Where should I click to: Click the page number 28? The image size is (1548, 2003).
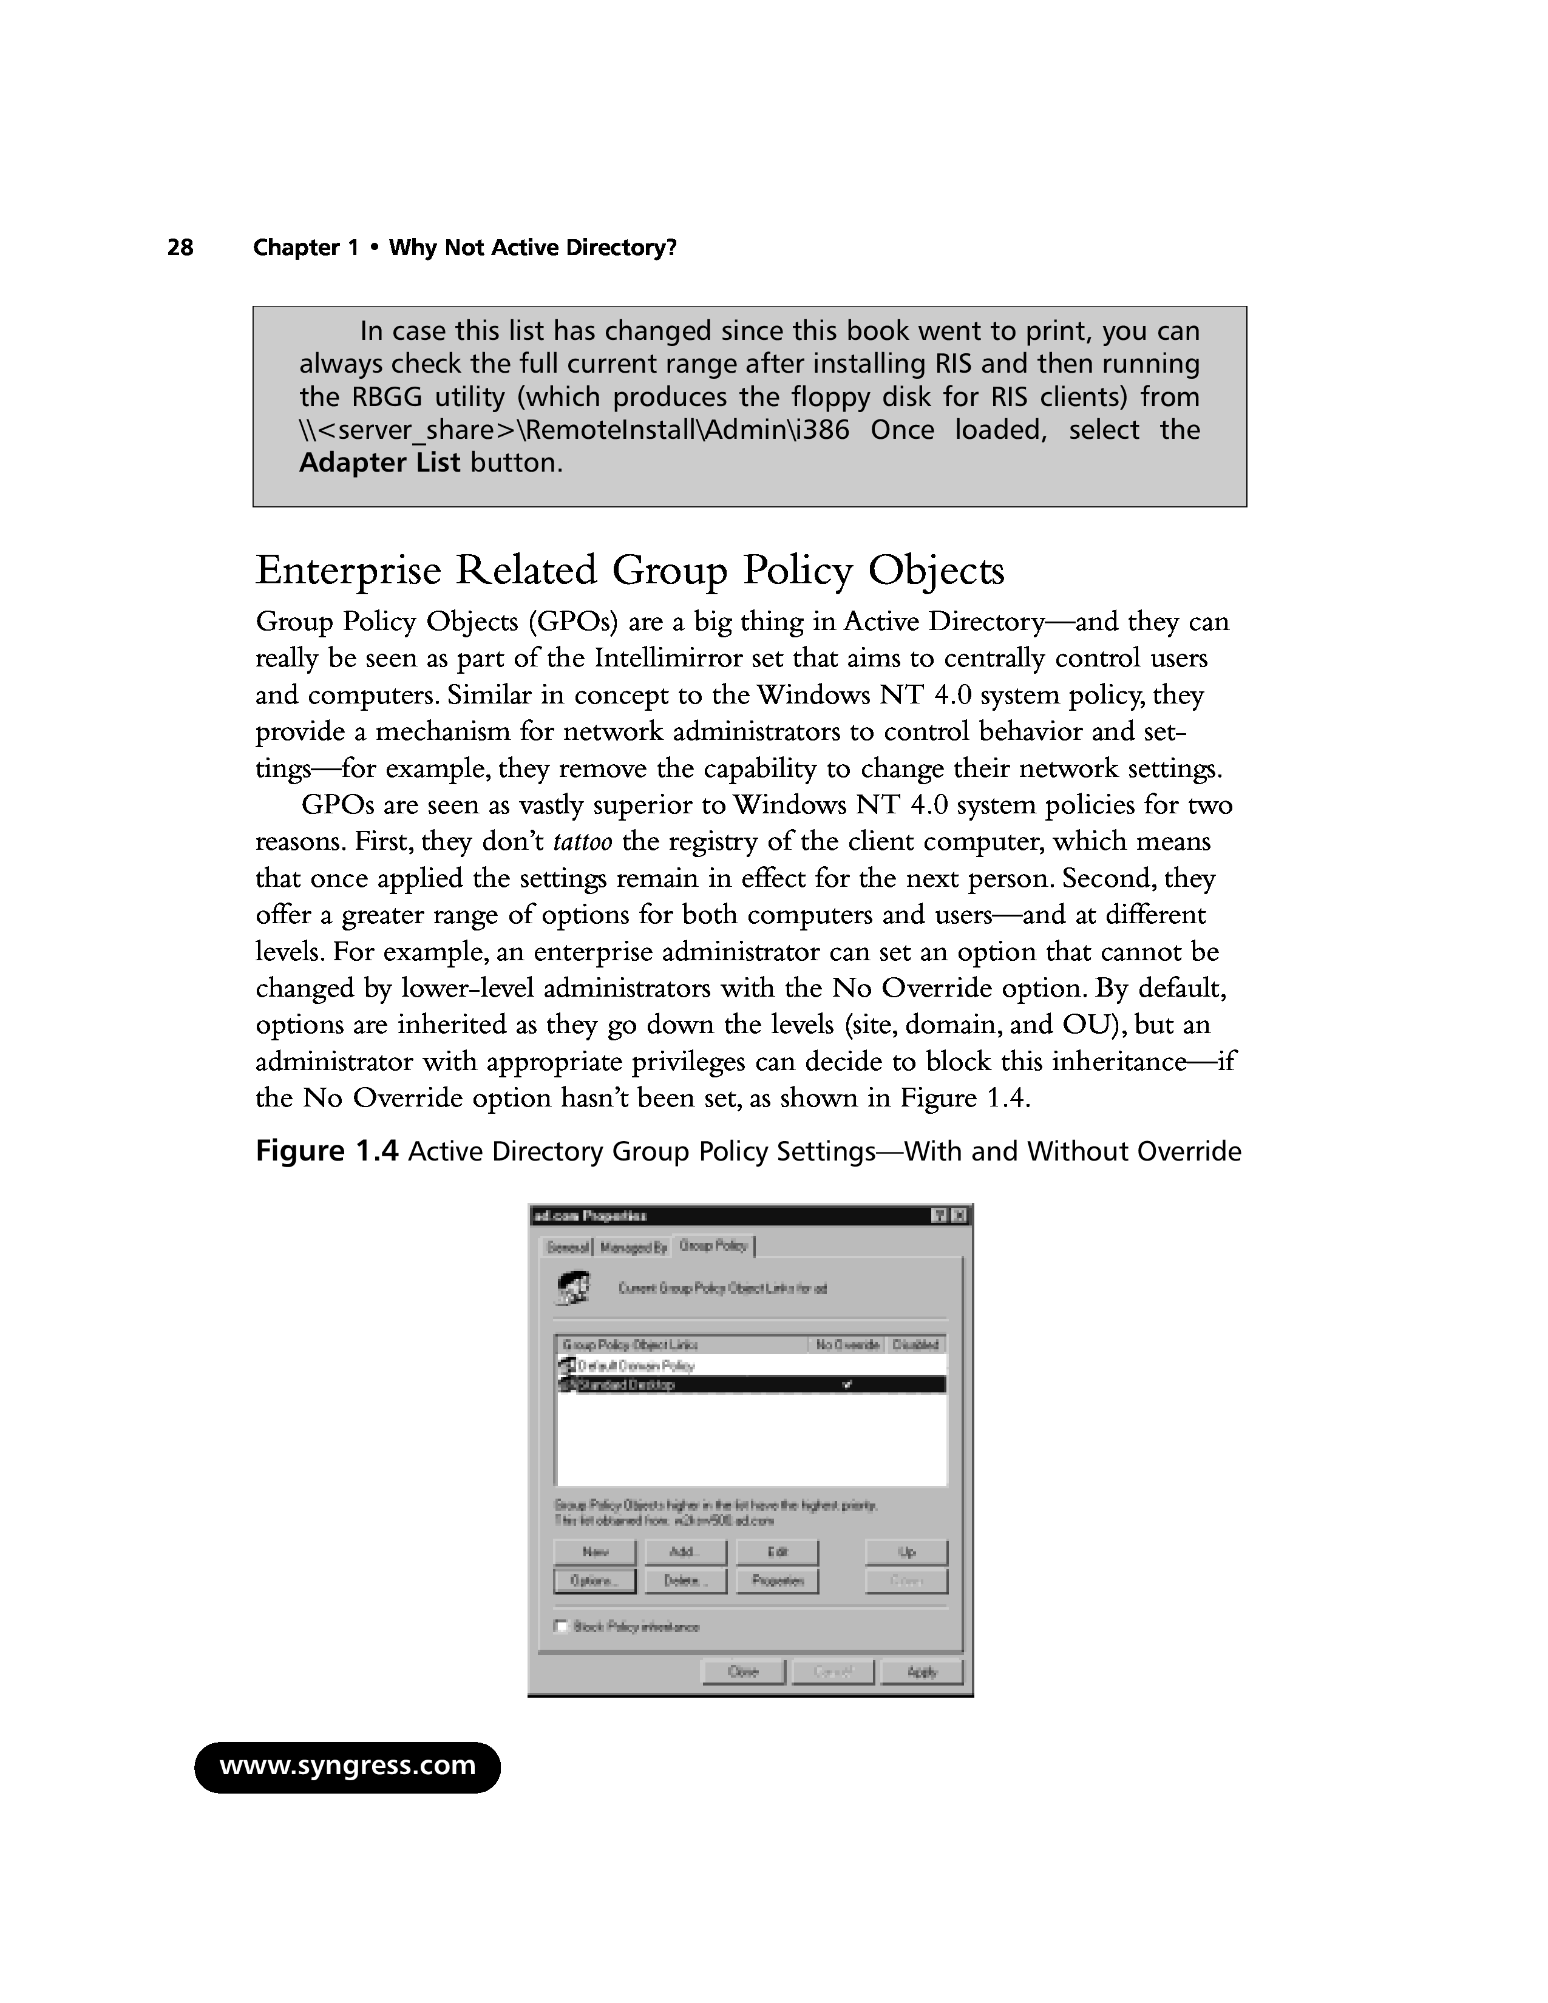pos(181,248)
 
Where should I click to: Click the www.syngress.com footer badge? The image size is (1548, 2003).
pos(348,1766)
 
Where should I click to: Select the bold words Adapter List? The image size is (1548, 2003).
pos(379,463)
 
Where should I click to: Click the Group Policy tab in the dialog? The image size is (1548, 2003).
pos(713,1246)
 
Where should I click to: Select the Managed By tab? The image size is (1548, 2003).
pos(633,1247)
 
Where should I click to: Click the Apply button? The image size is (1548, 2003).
pos(922,1672)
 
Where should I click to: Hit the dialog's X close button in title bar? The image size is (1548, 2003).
pos(959,1216)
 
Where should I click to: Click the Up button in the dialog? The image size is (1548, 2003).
pos(906,1552)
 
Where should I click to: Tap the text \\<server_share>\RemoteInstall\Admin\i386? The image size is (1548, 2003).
pos(574,430)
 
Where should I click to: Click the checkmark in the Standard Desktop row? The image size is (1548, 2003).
pos(847,1385)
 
